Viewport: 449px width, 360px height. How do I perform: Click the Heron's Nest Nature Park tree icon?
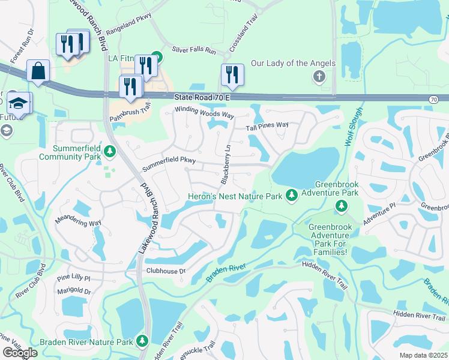291,195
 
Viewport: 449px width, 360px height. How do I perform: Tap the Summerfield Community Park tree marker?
109,150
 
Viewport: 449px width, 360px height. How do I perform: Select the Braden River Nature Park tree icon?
142,341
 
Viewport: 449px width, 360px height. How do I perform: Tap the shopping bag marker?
38,71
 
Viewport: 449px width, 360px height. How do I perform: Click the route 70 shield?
433,98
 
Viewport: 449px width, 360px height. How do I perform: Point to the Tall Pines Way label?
267,125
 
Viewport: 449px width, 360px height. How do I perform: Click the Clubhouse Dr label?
167,271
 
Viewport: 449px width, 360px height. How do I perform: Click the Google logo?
20,353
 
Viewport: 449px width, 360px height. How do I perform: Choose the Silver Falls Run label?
193,51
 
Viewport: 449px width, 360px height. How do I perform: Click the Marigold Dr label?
75,292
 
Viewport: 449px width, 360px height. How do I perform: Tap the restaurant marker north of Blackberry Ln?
232,75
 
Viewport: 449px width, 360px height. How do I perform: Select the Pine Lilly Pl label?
73,279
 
